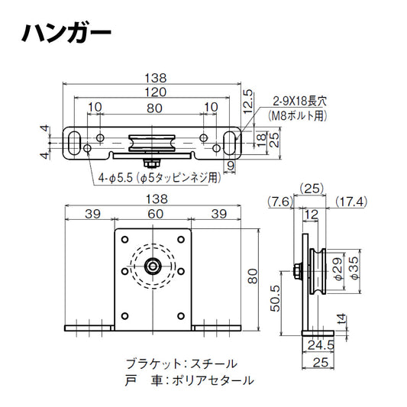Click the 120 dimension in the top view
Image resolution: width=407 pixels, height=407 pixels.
[x=154, y=91]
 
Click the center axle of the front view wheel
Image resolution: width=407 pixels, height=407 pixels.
[x=153, y=267]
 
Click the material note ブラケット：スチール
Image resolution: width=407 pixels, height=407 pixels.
[x=181, y=363]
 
